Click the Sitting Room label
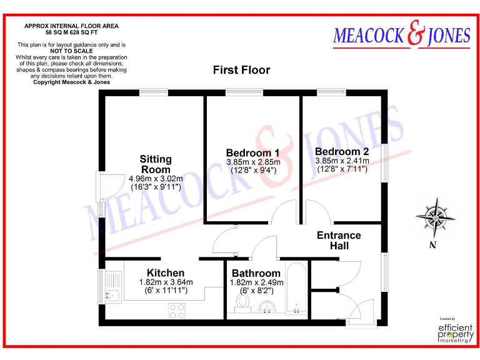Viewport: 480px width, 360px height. [156, 164]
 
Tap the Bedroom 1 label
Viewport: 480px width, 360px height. [252, 153]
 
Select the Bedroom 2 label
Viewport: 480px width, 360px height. [342, 152]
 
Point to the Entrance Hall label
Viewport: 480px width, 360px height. [339, 241]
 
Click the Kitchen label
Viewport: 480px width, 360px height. [166, 273]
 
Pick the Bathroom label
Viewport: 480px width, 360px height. [256, 274]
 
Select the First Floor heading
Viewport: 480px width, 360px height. [241, 70]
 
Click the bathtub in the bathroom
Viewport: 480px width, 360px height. [295, 289]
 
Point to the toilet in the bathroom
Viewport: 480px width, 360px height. [242, 303]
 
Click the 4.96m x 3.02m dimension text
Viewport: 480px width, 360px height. [156, 178]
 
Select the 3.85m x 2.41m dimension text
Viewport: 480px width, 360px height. [342, 161]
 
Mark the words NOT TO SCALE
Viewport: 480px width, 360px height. [71, 51]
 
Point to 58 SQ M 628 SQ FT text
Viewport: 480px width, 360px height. [71, 32]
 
